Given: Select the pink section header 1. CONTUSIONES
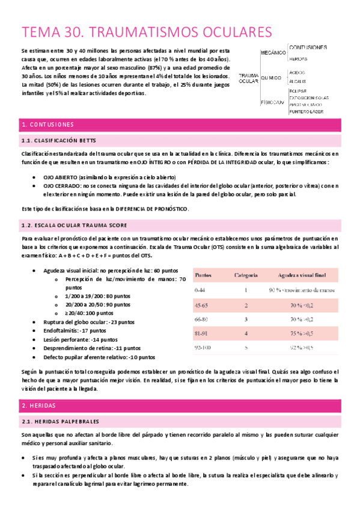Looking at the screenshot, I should (x=47, y=124).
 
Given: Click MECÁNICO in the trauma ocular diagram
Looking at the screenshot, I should (x=272, y=54).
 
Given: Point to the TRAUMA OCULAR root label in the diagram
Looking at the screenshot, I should (x=248, y=78).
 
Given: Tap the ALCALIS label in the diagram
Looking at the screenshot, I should (x=297, y=81).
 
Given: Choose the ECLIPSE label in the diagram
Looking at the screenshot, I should (x=298, y=91).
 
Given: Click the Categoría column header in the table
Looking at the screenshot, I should (x=246, y=259).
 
